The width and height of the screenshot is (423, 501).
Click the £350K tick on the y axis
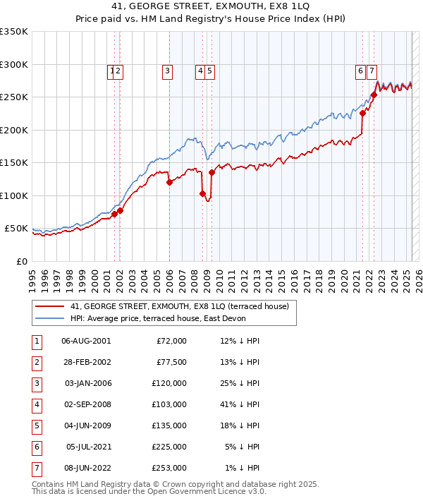pyautogui.click(x=14, y=32)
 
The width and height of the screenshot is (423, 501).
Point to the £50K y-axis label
pyautogui.click(x=16, y=229)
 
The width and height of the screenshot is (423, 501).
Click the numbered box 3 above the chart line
pyautogui.click(x=167, y=71)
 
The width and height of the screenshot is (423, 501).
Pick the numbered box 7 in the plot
pyautogui.click(x=372, y=71)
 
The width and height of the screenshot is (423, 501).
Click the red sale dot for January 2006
pyautogui.click(x=169, y=183)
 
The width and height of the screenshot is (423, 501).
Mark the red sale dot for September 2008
pyautogui.click(x=202, y=193)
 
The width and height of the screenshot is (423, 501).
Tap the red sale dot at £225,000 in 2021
pyautogui.click(x=362, y=113)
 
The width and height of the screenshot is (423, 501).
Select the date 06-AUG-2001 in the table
pyautogui.click(x=86, y=341)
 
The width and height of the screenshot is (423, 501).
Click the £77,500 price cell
pyautogui.click(x=171, y=362)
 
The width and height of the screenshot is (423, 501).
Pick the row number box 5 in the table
pyautogui.click(x=36, y=425)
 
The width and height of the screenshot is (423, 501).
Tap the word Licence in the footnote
pyautogui.click(x=229, y=492)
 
